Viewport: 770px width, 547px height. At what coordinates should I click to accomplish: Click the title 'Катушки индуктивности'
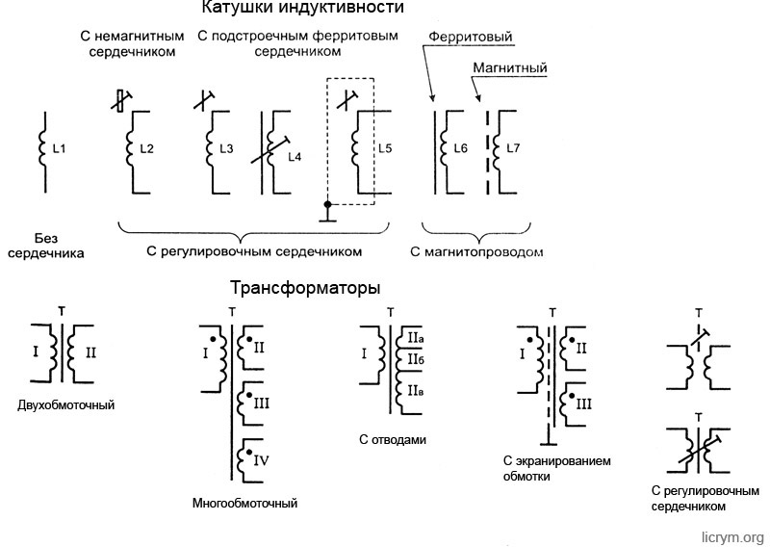(302, 9)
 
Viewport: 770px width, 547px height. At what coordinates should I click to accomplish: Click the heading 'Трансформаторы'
(305, 287)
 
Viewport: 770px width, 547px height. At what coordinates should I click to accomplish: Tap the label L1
(60, 148)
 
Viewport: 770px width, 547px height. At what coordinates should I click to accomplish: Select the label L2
(147, 148)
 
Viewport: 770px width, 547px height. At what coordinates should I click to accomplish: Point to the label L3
(226, 148)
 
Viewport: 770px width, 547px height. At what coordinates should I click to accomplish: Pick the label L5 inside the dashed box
(385, 148)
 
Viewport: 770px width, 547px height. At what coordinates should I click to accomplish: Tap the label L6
(460, 148)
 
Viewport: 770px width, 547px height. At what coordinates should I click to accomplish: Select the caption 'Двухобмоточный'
(66, 405)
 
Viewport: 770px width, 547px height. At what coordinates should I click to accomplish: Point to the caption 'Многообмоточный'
(244, 504)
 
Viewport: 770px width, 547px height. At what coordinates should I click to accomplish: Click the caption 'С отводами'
(392, 440)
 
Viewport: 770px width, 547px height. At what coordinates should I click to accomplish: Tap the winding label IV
(261, 462)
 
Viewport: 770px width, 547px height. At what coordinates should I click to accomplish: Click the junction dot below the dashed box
(327, 204)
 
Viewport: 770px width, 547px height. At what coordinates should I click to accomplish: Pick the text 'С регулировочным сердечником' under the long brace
(254, 252)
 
